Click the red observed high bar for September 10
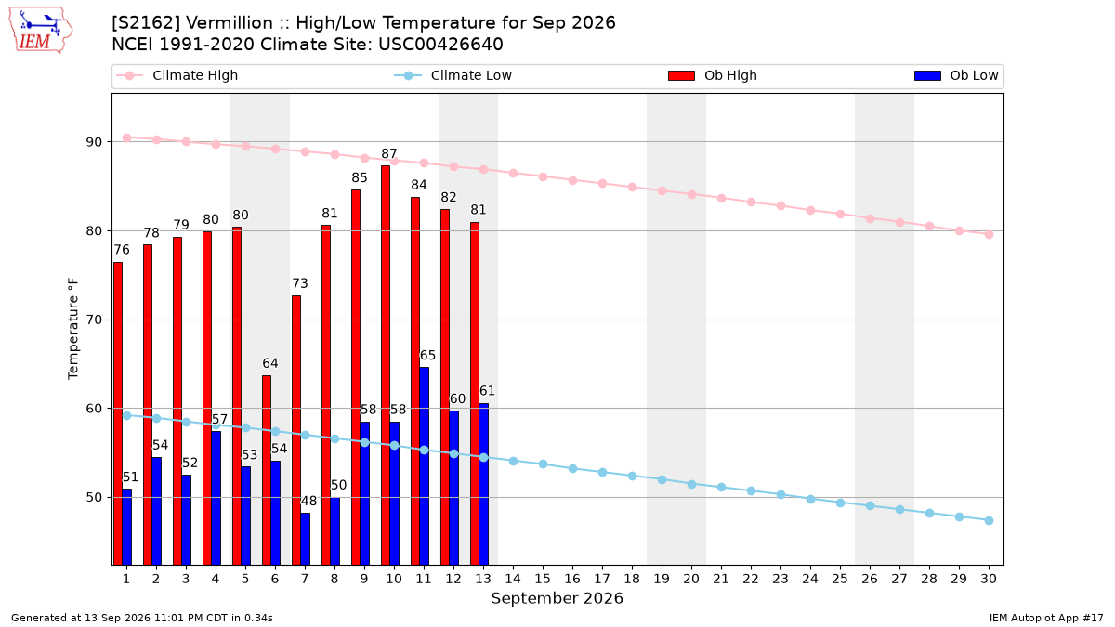386,365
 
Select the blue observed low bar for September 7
305,539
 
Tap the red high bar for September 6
267,470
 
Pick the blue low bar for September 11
424,466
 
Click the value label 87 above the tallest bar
389,154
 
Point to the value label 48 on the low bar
308,501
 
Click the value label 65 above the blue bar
427,355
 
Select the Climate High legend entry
177,75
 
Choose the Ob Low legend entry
956,75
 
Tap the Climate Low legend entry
453,75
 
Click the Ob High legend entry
713,75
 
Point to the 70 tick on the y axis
95,320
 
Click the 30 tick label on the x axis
989,579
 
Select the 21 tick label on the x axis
721,579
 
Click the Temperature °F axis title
73,329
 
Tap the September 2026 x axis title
557,598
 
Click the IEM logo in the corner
41,31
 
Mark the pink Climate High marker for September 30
989,234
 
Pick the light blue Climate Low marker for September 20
691,484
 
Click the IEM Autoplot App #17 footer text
1046,618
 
